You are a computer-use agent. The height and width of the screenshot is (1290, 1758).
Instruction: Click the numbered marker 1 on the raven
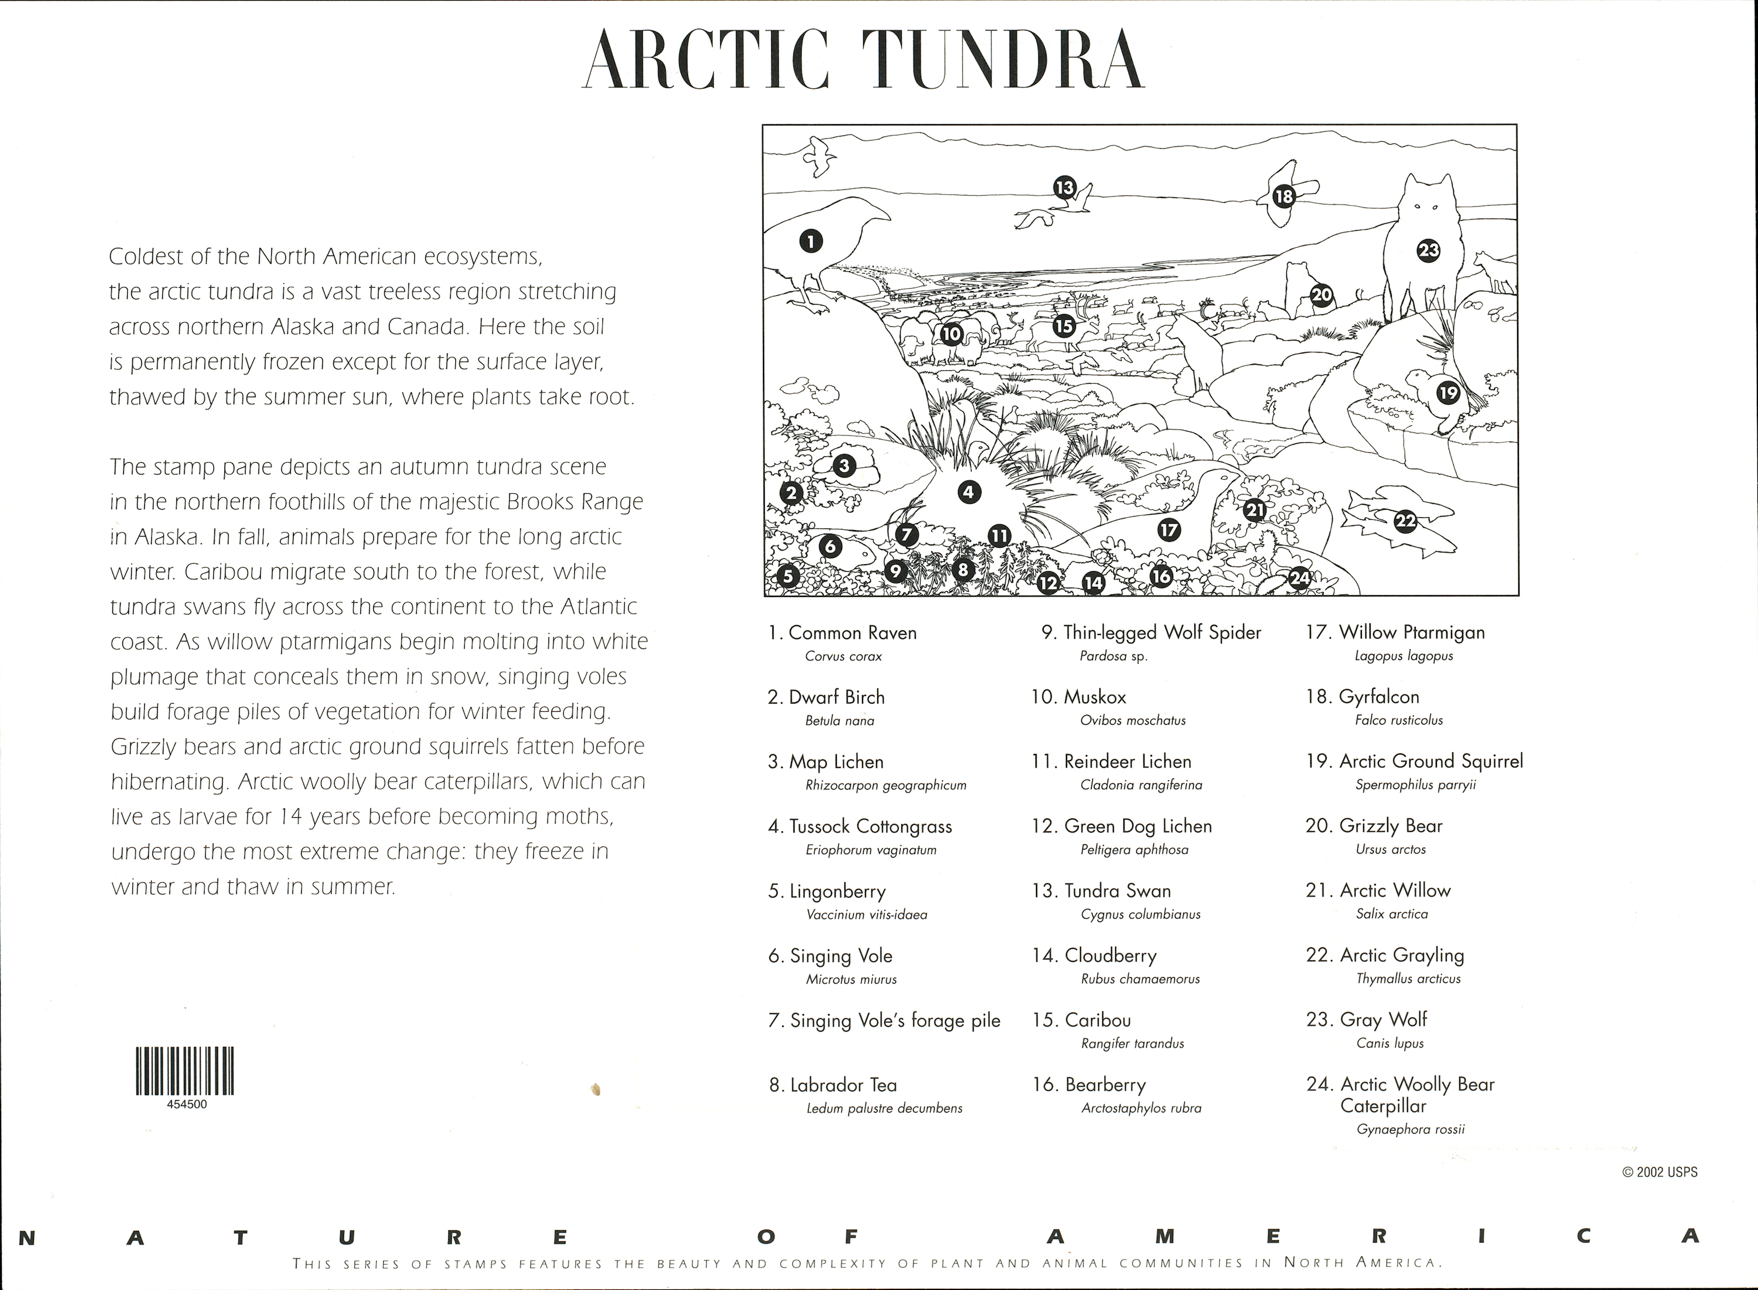tap(810, 241)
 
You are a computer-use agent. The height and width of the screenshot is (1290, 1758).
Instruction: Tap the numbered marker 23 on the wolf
tap(1429, 251)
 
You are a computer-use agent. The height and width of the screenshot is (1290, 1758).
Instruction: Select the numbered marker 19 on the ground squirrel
tap(1448, 393)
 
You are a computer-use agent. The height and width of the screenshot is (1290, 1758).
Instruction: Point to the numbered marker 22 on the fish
tap(1405, 521)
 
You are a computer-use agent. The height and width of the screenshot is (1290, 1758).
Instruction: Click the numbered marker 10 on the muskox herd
tap(950, 334)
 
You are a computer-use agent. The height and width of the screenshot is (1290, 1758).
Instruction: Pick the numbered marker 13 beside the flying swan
tap(1065, 187)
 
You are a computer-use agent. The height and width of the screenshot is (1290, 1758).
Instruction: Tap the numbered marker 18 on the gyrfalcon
tap(1284, 196)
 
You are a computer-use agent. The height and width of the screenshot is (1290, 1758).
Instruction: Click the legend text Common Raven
tap(852, 633)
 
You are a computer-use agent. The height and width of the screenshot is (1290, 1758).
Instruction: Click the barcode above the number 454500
tap(185, 1070)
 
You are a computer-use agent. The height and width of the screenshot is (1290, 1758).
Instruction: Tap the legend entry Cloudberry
tap(1110, 956)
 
